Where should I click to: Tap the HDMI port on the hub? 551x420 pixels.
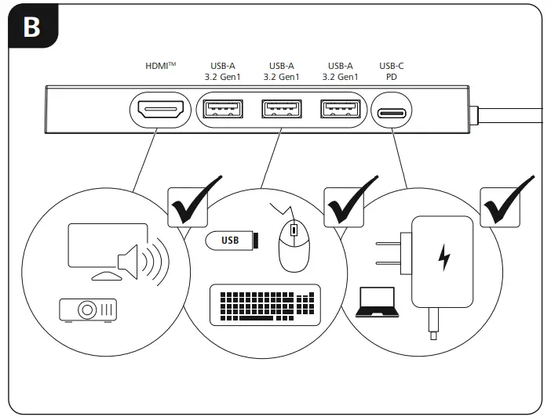pos(160,110)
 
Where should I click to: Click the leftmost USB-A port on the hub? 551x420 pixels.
pos(222,110)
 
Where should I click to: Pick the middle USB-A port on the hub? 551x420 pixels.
pos(281,110)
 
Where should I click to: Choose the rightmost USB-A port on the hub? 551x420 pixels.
pos(339,110)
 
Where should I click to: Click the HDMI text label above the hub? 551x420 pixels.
pos(160,67)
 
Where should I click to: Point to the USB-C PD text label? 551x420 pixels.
pos(391,71)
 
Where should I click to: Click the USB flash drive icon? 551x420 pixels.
pos(230,241)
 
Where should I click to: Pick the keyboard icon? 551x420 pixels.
pos(265,305)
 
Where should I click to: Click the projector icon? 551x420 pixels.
pos(88,310)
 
